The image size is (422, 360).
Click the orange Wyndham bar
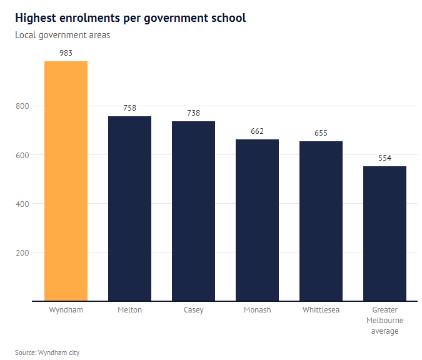(66, 181)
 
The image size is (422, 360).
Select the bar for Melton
(129, 209)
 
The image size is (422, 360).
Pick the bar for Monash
(257, 220)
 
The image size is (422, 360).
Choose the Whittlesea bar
(321, 221)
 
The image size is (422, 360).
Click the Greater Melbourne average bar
(384, 234)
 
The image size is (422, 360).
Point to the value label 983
(66, 53)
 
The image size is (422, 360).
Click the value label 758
(129, 108)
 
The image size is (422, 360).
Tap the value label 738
(193, 113)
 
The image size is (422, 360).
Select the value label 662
(257, 131)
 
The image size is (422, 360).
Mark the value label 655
(321, 133)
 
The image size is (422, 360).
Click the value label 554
(384, 158)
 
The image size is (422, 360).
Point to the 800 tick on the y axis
(23, 106)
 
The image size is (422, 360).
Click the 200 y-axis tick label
(23, 252)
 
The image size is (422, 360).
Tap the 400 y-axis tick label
(23, 204)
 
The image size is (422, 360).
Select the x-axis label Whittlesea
(321, 310)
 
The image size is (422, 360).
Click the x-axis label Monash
(257, 310)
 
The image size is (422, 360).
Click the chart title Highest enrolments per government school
(131, 18)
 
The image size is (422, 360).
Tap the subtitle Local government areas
(63, 35)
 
